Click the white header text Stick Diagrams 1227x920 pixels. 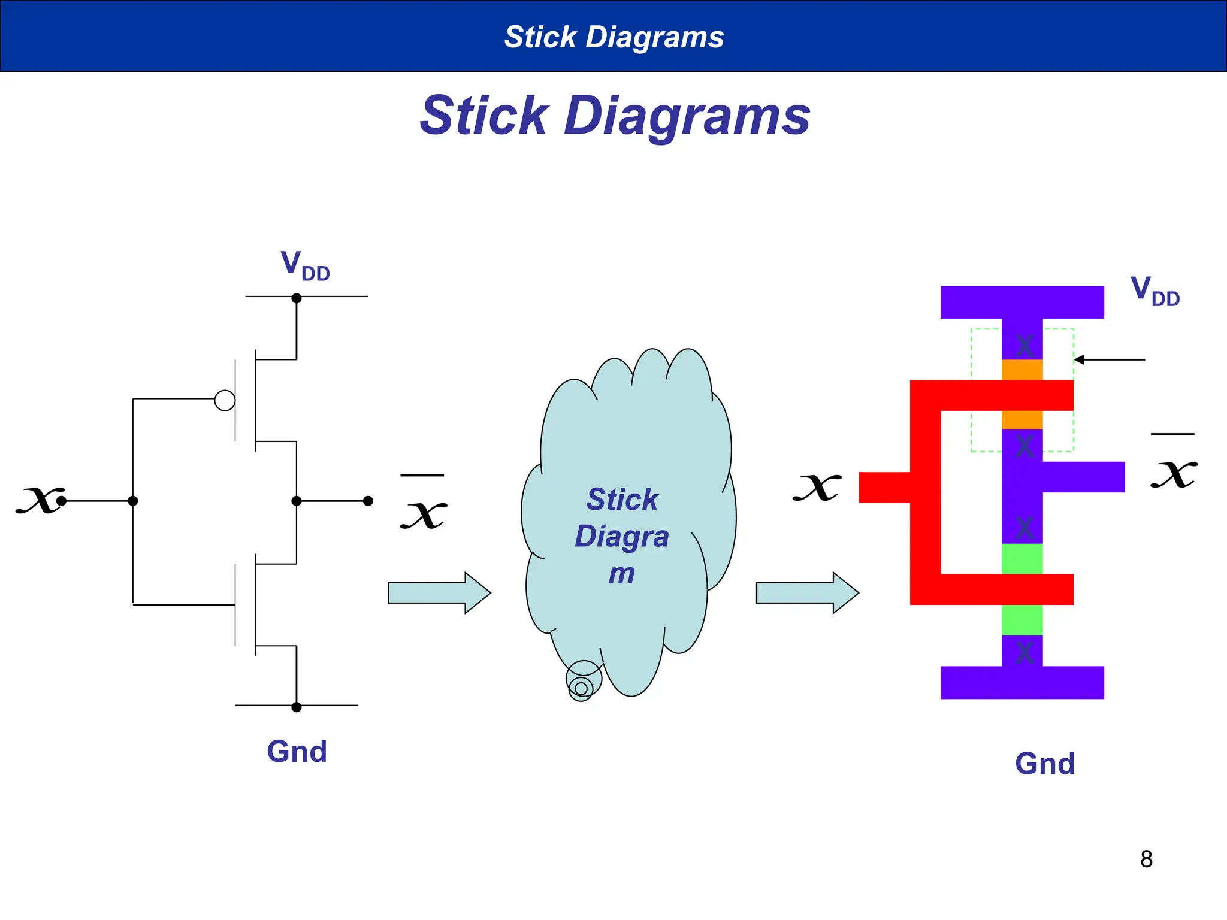click(x=614, y=37)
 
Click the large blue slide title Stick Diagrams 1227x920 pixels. click(x=615, y=116)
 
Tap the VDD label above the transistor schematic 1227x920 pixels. click(x=304, y=265)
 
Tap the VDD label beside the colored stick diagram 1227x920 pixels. click(x=1155, y=290)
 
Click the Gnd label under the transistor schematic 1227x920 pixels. click(x=297, y=752)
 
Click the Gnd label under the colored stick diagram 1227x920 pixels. click(x=1045, y=764)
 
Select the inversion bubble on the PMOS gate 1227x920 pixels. click(x=225, y=400)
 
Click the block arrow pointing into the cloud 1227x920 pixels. click(x=439, y=593)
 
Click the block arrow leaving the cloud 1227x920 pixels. click(x=807, y=593)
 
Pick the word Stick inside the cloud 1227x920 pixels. click(x=622, y=500)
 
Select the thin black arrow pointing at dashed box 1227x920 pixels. click(x=1109, y=359)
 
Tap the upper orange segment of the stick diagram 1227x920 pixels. click(x=1022, y=369)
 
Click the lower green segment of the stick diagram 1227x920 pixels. click(x=1022, y=620)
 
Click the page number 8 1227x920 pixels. click(x=1146, y=860)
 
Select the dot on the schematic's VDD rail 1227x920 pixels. click(x=296, y=298)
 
